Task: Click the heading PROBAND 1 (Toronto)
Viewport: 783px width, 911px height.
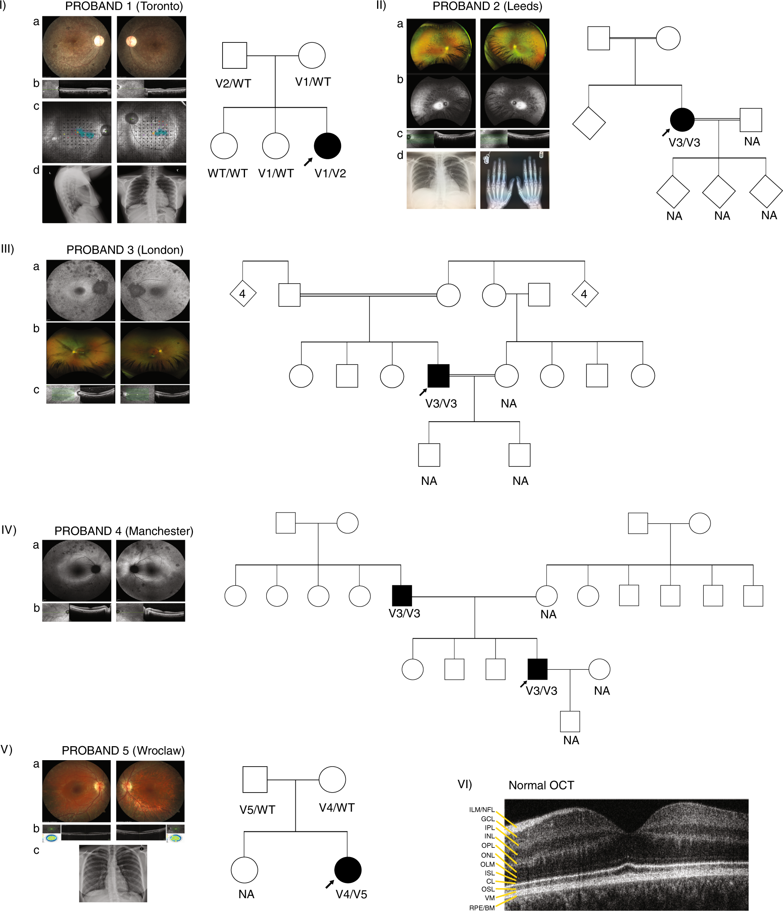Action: point(124,6)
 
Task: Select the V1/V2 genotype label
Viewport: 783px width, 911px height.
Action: point(330,173)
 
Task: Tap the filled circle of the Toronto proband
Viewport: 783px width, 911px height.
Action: point(327,146)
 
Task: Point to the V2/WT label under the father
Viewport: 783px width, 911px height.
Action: point(233,84)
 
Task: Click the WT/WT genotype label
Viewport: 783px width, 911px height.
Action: point(227,173)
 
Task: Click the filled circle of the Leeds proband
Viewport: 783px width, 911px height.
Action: point(682,120)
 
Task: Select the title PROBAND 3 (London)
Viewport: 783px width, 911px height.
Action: point(124,250)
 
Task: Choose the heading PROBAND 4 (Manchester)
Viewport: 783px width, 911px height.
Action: point(124,531)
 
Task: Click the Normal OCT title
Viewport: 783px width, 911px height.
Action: point(541,785)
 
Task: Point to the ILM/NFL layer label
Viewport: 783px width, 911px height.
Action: point(482,809)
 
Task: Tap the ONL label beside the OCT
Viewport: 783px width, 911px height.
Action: point(488,855)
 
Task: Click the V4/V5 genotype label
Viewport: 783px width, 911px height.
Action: point(351,894)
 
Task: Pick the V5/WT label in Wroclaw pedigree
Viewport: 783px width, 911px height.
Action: point(257,810)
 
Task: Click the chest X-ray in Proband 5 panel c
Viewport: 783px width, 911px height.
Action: point(113,873)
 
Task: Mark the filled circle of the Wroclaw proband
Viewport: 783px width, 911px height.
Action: point(347,870)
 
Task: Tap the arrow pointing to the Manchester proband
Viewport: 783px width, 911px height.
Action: point(524,684)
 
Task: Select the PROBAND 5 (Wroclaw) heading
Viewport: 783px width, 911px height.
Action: point(123,751)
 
